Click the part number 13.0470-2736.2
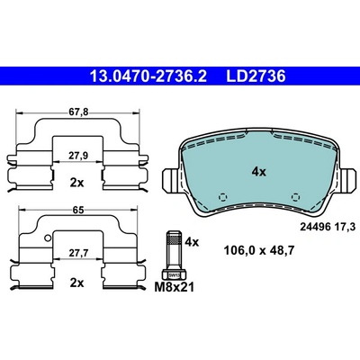pyautogui.click(x=148, y=76)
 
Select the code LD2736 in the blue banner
pyautogui.click(x=256, y=76)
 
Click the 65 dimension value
pyautogui.click(x=78, y=210)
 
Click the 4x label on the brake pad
pyautogui.click(x=258, y=172)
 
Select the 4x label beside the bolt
pyautogui.click(x=192, y=241)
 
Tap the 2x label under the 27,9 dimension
pyautogui.click(x=77, y=183)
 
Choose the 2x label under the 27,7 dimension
pyautogui.click(x=77, y=283)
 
